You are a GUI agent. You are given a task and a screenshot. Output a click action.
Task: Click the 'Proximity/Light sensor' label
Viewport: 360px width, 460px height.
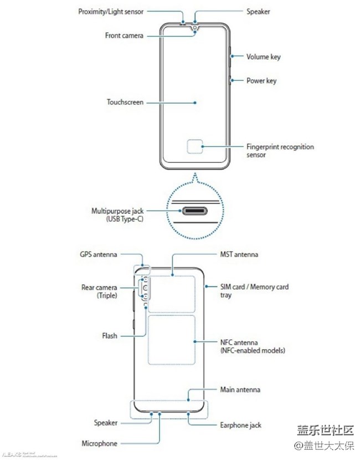click(111, 11)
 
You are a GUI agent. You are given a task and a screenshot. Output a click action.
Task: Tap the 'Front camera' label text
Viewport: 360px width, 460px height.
click(124, 35)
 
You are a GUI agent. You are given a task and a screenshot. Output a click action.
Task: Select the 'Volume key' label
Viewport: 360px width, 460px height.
click(264, 57)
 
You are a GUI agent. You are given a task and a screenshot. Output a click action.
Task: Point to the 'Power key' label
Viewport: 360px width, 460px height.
click(261, 81)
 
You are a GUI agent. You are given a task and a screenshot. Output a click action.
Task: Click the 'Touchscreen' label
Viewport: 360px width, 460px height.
click(125, 103)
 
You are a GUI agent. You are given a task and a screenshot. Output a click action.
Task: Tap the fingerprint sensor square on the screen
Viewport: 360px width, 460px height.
click(194, 147)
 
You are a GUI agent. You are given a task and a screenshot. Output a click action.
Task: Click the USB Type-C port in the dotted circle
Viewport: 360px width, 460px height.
click(194, 211)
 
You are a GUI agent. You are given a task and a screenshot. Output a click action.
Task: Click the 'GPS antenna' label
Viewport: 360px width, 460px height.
click(99, 255)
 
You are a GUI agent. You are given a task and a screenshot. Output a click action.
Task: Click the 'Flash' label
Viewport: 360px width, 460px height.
click(110, 336)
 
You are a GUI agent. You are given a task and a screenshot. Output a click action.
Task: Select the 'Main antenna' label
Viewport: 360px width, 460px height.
click(240, 390)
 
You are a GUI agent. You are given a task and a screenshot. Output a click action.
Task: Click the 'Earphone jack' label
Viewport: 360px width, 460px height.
click(241, 425)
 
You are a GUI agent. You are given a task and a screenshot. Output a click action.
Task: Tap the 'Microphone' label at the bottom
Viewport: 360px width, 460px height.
click(100, 443)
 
